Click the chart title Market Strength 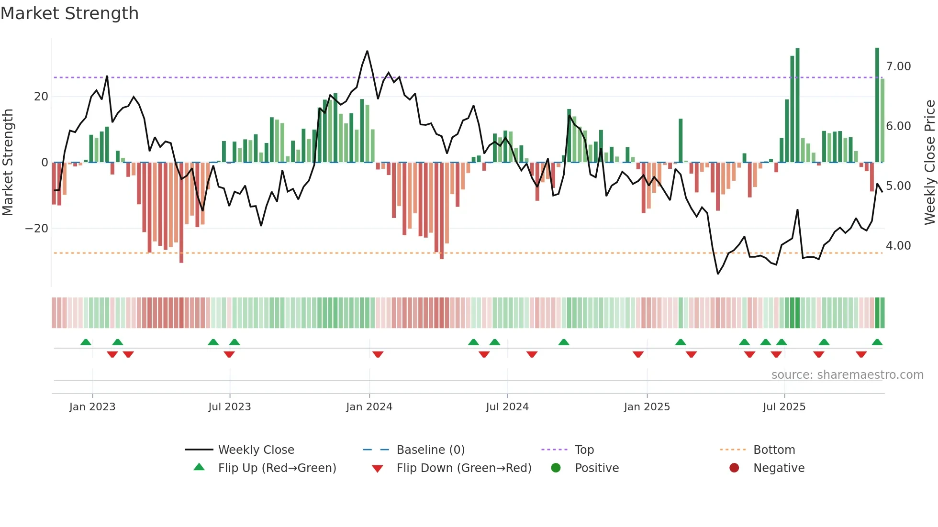[69, 13]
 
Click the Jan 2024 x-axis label [369, 407]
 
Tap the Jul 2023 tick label [229, 407]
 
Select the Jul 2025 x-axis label [784, 407]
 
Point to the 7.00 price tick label [898, 66]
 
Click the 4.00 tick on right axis [898, 246]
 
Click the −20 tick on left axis [37, 229]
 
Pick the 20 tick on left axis [41, 97]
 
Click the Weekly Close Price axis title [929, 163]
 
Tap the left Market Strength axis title [8, 163]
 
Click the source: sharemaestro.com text [847, 375]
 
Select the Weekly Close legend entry [256, 450]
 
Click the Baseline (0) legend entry [430, 450]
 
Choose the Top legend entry [584, 450]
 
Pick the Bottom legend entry [774, 450]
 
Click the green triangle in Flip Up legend [199, 467]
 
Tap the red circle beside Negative [734, 468]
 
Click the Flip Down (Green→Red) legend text [464, 468]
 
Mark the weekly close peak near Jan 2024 [367, 51]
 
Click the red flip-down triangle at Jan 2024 [378, 354]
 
